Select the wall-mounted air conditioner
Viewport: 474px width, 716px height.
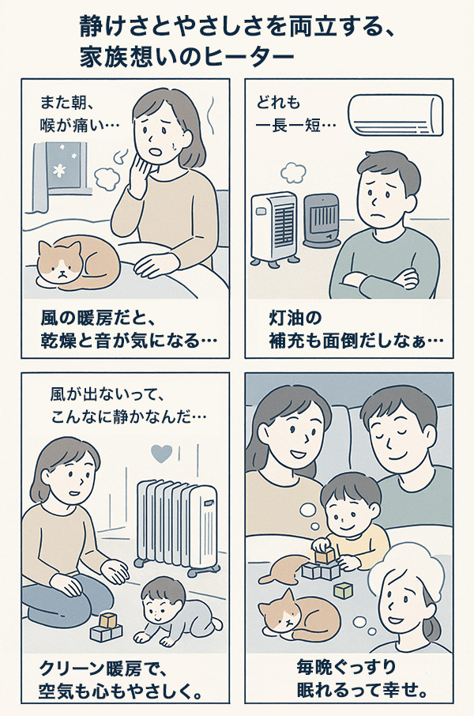[396, 115]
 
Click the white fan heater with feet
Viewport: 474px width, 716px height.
[274, 229]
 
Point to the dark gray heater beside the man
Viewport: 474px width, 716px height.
[322, 220]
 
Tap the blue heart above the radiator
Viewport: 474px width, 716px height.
[162, 454]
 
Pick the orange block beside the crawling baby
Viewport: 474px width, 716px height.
[107, 620]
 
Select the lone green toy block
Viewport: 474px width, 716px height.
[343, 591]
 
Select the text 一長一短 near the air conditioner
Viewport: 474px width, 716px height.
[288, 125]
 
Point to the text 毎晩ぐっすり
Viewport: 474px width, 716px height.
[346, 667]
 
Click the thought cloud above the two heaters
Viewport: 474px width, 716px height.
[293, 172]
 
